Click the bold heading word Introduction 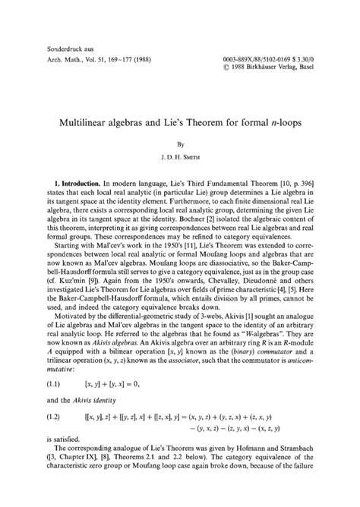tap(84, 184)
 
